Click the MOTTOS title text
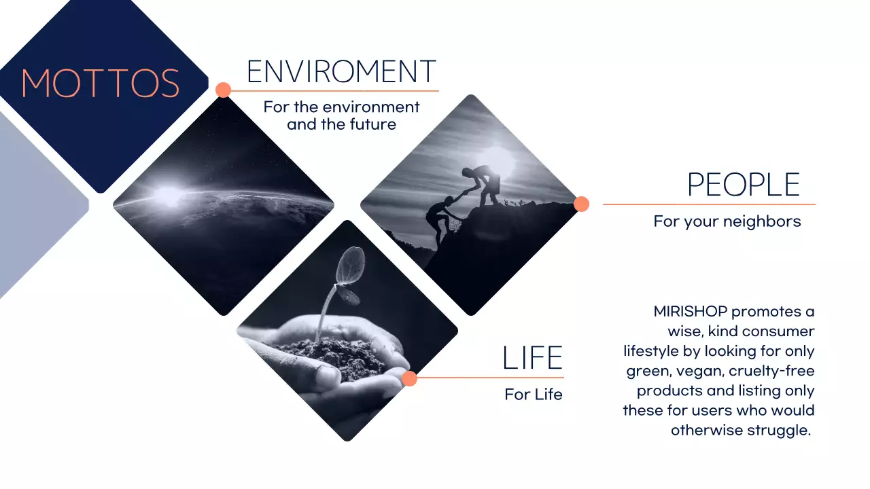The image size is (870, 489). tap(101, 83)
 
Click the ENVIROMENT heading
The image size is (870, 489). tap(341, 71)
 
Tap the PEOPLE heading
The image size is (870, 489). tap(743, 185)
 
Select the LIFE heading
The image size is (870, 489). tap(532, 359)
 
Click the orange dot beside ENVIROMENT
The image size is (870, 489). tap(223, 90)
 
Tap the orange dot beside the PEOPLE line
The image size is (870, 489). tap(581, 204)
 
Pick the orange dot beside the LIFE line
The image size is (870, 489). tap(409, 378)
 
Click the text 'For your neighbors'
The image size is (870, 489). tap(727, 221)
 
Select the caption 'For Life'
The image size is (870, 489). tap(533, 395)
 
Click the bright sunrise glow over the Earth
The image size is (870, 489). tap(167, 196)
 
